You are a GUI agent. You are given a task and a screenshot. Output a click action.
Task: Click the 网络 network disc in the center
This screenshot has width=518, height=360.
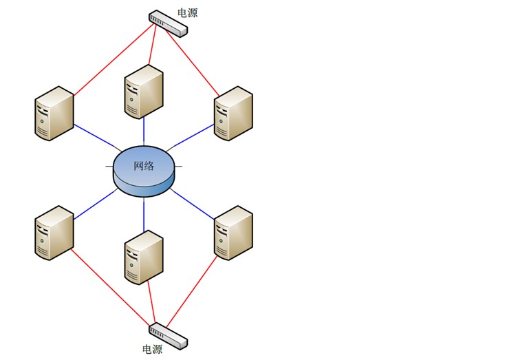[144, 169]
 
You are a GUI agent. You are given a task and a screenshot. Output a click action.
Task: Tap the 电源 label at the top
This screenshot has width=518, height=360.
[187, 12]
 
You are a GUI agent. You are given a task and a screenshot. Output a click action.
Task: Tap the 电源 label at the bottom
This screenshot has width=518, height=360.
[152, 349]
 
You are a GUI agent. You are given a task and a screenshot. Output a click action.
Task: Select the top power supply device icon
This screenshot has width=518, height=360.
[167, 23]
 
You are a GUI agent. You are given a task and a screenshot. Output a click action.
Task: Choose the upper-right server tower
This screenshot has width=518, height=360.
[233, 114]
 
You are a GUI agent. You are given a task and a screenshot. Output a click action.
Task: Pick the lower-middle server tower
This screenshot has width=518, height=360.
[144, 257]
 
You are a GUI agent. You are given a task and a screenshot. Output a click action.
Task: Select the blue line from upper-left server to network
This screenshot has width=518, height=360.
[96, 138]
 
